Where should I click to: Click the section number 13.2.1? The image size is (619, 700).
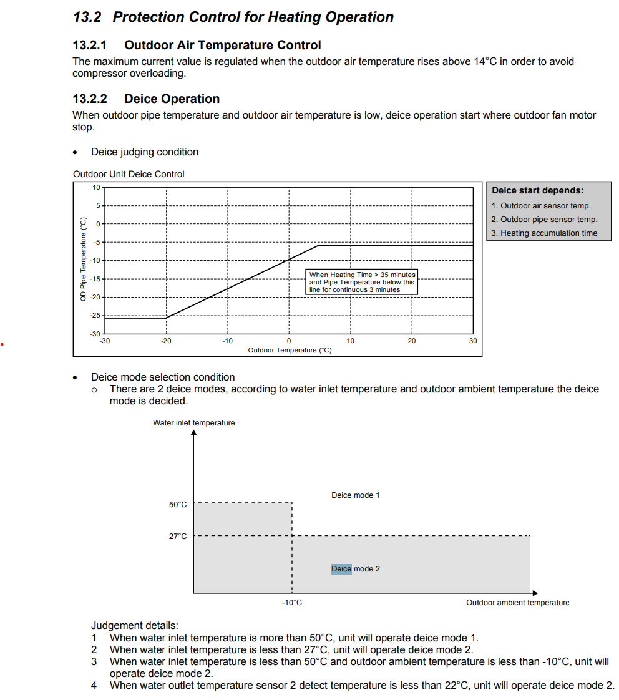point(90,45)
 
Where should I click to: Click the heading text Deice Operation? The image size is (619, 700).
point(172,99)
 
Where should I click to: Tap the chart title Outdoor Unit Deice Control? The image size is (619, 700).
point(129,174)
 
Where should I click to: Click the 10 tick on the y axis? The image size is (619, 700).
point(96,187)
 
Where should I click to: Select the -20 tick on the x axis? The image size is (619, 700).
point(165,341)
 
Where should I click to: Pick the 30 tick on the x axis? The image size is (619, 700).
point(473,341)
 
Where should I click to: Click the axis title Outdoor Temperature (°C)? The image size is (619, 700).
point(290,350)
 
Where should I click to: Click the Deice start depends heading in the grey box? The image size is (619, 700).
point(537,190)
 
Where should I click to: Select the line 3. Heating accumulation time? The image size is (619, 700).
point(543,233)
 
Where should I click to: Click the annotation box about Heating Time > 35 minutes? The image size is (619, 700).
point(362,282)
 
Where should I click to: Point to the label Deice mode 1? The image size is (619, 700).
point(355,495)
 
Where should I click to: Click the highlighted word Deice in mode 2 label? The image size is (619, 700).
point(341,569)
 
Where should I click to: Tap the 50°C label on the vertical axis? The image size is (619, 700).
point(178,504)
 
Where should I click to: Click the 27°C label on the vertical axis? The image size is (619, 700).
point(178,536)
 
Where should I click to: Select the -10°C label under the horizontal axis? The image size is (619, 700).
point(291,603)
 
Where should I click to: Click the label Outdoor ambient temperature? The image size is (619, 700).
point(517,603)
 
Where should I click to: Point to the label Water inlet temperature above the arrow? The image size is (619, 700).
point(194,423)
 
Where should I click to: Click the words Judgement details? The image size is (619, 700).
point(134,625)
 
